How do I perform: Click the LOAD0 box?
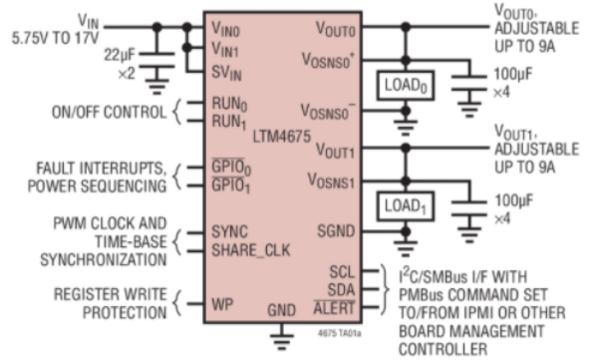coord(405,86)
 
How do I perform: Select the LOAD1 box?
coord(405,206)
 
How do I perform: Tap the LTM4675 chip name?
coord(282,137)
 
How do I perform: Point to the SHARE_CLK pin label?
coord(251,250)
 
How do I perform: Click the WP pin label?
coord(222,304)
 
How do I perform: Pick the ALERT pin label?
coord(334,308)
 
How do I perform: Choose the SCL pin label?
coord(342,272)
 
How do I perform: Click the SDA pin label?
coord(341,290)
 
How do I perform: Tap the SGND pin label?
coord(336,230)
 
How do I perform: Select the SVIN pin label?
coord(226,72)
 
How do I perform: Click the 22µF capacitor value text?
coord(120,55)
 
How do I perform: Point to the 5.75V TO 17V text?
coord(55,38)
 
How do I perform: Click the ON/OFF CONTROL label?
coord(109,113)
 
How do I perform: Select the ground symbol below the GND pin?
coord(281,341)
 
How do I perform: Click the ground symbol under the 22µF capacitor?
coord(157,86)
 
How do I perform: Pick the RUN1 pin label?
coord(229,122)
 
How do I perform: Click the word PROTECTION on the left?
coord(125,313)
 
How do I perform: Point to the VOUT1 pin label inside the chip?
coord(335,151)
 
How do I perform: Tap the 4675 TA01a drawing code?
coord(340,333)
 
